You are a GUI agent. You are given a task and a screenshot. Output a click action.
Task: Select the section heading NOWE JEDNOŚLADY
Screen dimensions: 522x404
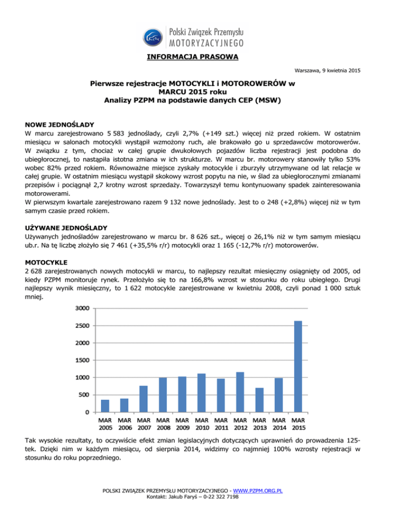click(60, 125)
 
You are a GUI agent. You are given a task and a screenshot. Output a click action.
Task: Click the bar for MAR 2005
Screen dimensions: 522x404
click(105, 405)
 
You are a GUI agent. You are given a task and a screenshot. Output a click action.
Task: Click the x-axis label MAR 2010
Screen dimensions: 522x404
click(201, 424)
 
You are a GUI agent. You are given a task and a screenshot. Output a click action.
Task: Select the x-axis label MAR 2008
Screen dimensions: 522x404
click(163, 424)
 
